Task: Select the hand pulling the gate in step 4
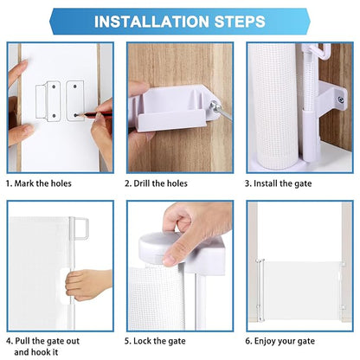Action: point(87,283)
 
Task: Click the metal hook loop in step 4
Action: point(81,229)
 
